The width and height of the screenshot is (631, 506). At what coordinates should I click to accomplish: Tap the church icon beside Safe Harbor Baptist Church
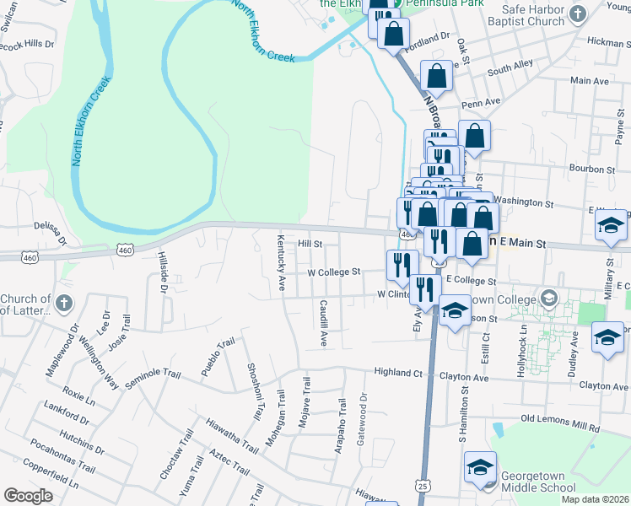pyautogui.click(x=578, y=13)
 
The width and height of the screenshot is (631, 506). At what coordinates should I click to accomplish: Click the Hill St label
pyautogui.click(x=310, y=244)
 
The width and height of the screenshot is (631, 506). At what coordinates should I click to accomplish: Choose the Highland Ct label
pyautogui.click(x=398, y=372)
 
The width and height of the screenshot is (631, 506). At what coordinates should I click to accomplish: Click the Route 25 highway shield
pyautogui.click(x=423, y=487)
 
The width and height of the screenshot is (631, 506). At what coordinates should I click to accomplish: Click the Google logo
pyautogui.click(x=28, y=495)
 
